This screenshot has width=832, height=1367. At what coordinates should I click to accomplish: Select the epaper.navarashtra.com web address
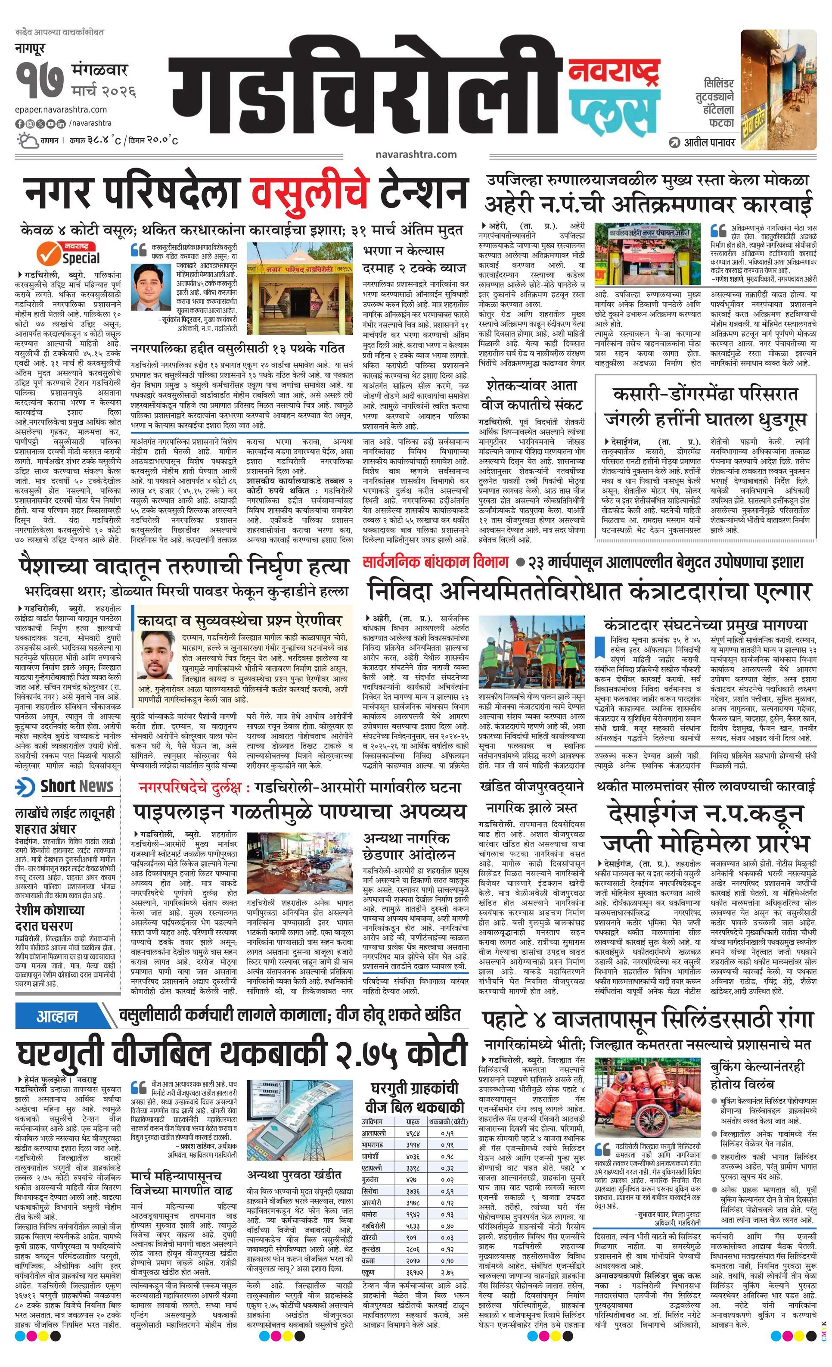pyautogui.click(x=61, y=110)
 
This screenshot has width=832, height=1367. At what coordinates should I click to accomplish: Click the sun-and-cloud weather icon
pyautogui.click(x=27, y=140)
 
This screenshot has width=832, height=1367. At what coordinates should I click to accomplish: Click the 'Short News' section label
pyautogui.click(x=65, y=787)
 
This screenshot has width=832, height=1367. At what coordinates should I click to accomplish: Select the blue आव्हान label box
pyautogui.click(x=57, y=1016)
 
